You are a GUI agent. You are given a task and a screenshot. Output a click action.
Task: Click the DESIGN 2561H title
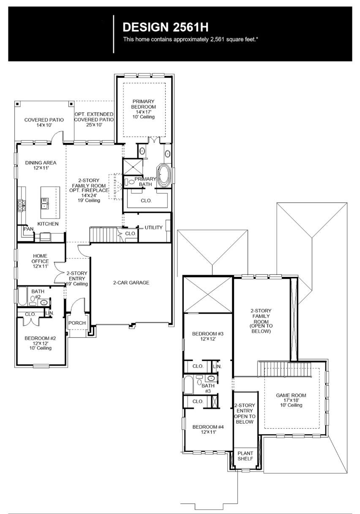tap(166, 27)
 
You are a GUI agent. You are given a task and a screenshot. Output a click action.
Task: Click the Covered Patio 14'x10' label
tap(44, 123)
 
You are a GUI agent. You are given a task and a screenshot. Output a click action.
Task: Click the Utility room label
tap(153, 227)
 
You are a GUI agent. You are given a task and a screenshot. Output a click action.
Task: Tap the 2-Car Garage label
tap(131, 282)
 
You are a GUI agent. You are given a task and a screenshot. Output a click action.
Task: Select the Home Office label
tap(41, 261)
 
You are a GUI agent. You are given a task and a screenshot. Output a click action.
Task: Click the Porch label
tap(77, 323)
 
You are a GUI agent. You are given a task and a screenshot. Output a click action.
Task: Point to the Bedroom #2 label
tap(38, 343)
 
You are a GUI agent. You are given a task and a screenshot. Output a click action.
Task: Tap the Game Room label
tap(291, 400)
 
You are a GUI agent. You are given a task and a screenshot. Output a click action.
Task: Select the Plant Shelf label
tap(245, 456)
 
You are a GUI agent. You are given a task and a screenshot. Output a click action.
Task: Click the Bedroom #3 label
tap(207, 336)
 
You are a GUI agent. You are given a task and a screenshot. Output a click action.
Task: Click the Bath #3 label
tap(208, 388)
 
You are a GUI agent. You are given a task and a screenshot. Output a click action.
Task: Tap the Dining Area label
tap(41, 165)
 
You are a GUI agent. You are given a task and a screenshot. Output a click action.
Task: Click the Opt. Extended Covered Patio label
tap(94, 117)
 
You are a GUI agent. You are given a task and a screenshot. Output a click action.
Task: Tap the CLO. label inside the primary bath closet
tap(146, 201)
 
